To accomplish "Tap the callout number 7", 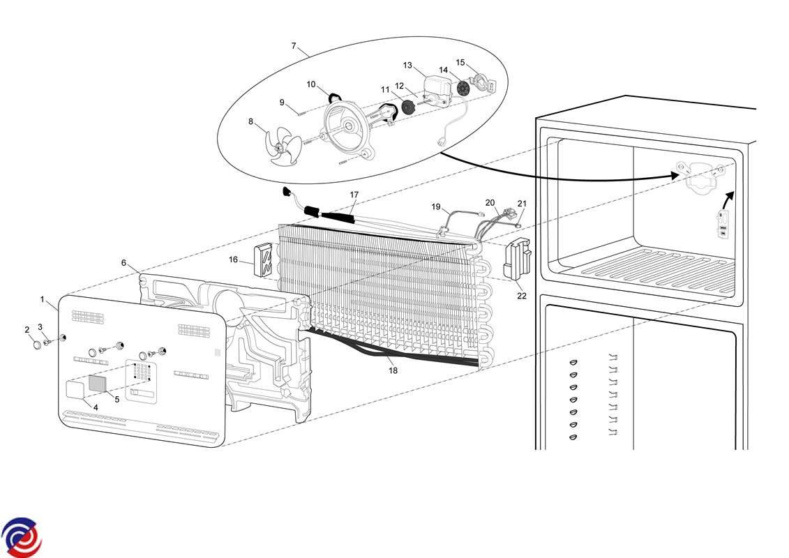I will pyautogui.click(x=294, y=47).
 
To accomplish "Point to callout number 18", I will pyautogui.click(x=393, y=370).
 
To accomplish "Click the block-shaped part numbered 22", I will pyautogui.click(x=517, y=259).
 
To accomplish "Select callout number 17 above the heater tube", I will pyautogui.click(x=354, y=195).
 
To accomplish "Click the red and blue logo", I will pyautogui.click(x=22, y=537).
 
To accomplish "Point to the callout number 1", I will pyautogui.click(x=43, y=299).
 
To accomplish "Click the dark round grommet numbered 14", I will pyautogui.click(x=462, y=89).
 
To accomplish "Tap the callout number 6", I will pyautogui.click(x=124, y=263).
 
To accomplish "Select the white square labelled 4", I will pyautogui.click(x=74, y=389).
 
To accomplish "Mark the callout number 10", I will pyautogui.click(x=311, y=84).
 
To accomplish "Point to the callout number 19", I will pyautogui.click(x=436, y=206).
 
